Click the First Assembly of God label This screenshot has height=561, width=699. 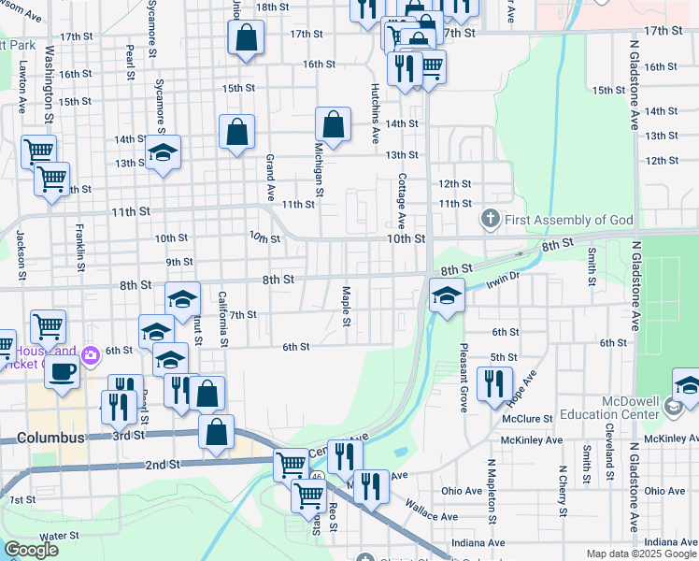[x=569, y=221]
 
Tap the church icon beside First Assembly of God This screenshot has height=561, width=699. [x=490, y=221]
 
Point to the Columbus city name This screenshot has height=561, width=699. [x=50, y=438]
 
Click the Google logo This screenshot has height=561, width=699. [x=31, y=550]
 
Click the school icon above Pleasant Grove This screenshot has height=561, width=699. [x=448, y=298]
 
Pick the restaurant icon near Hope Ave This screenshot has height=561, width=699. [x=494, y=383]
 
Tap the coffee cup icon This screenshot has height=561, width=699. [x=63, y=371]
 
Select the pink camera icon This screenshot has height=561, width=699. [x=90, y=354]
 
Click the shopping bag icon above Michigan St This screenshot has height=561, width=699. [x=334, y=124]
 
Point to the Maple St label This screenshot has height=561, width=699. [x=346, y=306]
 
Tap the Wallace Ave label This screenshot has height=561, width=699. [x=431, y=510]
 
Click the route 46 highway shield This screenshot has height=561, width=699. [x=318, y=477]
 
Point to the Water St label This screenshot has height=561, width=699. [x=59, y=537]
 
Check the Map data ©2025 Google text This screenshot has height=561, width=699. [x=641, y=554]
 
